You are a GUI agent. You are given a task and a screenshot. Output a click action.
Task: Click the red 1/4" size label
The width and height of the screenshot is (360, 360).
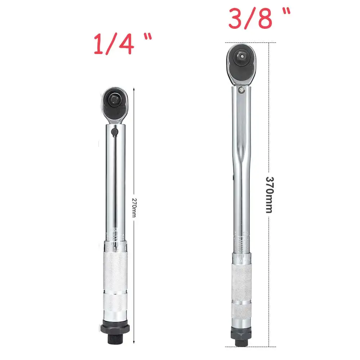coord(123,44)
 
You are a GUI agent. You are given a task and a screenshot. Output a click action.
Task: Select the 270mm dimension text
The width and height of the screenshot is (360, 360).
coord(134,208)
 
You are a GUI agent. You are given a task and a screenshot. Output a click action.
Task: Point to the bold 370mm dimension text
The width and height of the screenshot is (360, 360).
coord(270,195)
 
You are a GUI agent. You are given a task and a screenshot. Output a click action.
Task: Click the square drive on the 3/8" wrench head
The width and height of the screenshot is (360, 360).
coord(241,56)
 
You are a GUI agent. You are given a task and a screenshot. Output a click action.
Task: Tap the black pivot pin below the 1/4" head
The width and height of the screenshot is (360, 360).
coord(114,132)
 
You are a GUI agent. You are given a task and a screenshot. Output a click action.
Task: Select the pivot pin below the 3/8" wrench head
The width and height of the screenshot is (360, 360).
coord(241,90)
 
